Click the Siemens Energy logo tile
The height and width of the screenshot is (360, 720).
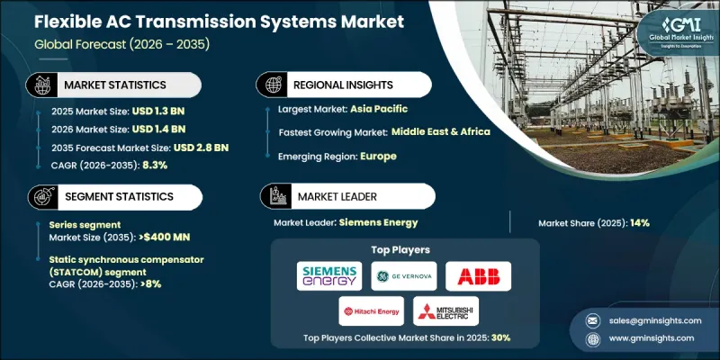pyautogui.click(x=329, y=275)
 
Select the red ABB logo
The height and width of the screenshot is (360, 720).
pyautogui.click(x=478, y=275)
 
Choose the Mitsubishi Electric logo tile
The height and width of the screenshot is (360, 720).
pyautogui.click(x=446, y=311)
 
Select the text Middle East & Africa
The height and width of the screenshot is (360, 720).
pyautogui.click(x=441, y=131)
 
